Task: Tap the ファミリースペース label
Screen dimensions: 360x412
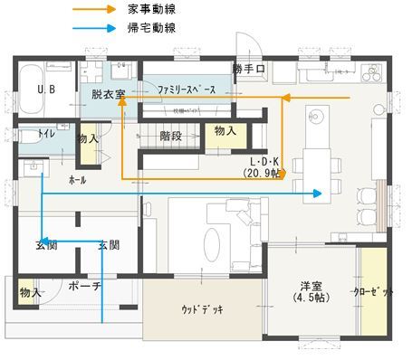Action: [x=186, y=92]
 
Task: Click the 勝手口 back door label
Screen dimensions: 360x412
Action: [x=247, y=70]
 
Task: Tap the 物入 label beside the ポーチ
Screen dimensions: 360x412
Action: [x=30, y=292]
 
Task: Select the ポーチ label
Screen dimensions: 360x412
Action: [x=88, y=288]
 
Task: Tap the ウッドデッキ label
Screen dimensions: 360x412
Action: [x=202, y=310]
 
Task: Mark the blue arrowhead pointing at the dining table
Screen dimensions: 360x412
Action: [x=318, y=194]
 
